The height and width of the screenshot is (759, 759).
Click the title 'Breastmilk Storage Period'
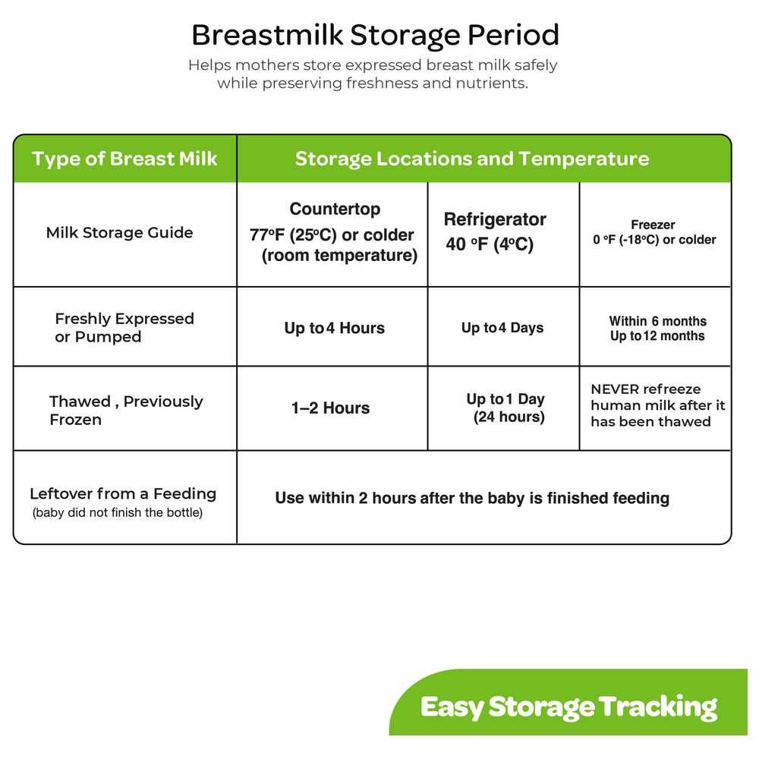[375, 36]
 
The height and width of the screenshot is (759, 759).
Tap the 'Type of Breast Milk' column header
[124, 159]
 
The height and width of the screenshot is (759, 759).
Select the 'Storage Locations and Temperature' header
[472, 159]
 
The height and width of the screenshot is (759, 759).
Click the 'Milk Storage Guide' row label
[120, 232]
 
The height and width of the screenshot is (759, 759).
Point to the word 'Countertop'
[335, 209]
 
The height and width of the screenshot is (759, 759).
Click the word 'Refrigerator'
[495, 219]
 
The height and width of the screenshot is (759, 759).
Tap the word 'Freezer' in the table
[653, 225]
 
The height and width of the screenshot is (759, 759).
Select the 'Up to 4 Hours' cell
[335, 328]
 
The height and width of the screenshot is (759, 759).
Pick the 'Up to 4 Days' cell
[502, 328]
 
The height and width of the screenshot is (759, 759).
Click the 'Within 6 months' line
[658, 321]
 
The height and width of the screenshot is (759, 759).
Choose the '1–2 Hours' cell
[331, 408]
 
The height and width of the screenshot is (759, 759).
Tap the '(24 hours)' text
[509, 417]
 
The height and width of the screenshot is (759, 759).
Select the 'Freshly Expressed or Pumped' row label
[124, 328]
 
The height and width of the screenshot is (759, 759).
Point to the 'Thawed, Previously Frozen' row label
[126, 411]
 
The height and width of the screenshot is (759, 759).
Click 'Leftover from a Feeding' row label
[123, 494]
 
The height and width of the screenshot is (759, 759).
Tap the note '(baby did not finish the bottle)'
[118, 512]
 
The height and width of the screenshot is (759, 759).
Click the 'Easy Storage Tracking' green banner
[568, 702]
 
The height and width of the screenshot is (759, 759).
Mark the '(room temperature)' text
[339, 255]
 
